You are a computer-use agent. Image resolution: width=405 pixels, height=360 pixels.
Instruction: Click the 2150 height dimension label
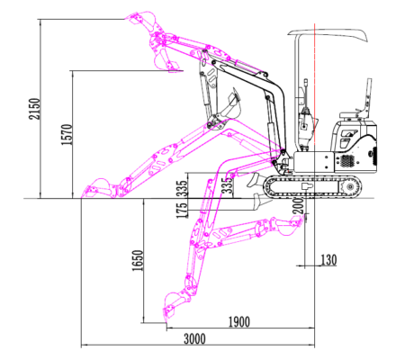34,109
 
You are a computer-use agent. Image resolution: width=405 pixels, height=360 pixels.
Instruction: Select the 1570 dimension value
67,134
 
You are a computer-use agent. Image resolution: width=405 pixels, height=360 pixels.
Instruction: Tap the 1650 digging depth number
138,260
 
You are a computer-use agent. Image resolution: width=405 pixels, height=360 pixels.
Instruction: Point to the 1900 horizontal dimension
239,322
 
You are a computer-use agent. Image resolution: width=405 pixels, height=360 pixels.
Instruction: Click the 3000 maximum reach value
194,339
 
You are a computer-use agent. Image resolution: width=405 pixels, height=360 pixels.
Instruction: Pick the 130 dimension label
328,260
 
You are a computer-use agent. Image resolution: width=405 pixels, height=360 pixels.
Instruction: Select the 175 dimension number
182,211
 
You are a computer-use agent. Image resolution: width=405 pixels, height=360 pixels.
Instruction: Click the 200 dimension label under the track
298,205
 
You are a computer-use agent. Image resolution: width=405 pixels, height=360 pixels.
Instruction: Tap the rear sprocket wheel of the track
350,187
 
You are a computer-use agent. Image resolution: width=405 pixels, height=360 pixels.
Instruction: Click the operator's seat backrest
368,96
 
